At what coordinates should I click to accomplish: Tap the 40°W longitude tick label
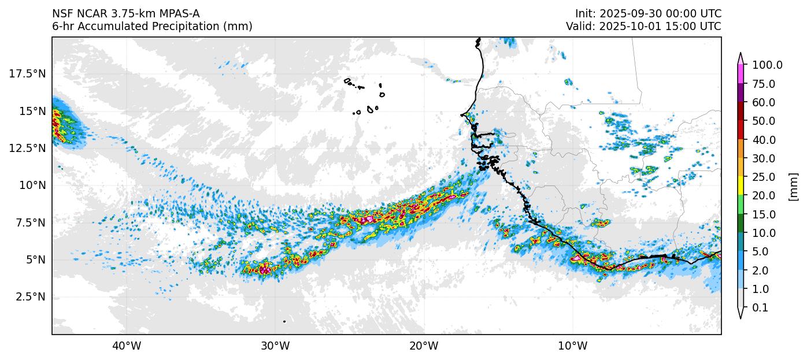coord(126,346)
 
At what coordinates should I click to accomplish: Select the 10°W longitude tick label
coord(572,346)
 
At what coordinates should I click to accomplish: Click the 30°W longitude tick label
coord(275,346)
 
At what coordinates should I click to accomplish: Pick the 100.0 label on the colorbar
coord(767,65)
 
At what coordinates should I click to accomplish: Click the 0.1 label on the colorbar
coord(760,308)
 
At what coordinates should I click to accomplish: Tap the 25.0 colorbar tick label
coord(764,177)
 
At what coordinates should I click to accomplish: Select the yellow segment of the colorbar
coord(741,186)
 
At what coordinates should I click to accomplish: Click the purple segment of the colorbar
coord(741,93)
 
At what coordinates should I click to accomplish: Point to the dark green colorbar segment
coord(741,224)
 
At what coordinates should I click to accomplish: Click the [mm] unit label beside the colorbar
coord(793,187)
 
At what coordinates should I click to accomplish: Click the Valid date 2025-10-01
coord(631,27)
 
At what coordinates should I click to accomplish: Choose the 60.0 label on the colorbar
coord(764,102)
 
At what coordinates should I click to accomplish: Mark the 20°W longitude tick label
coord(424,346)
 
